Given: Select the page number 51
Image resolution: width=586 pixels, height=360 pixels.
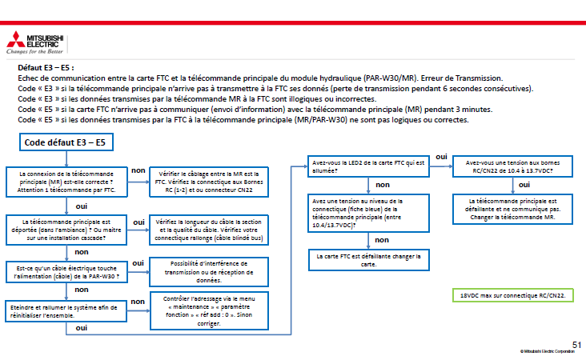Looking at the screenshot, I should tap(576, 344).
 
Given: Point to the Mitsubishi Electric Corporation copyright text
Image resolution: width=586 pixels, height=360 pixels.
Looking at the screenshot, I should tap(550, 352).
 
